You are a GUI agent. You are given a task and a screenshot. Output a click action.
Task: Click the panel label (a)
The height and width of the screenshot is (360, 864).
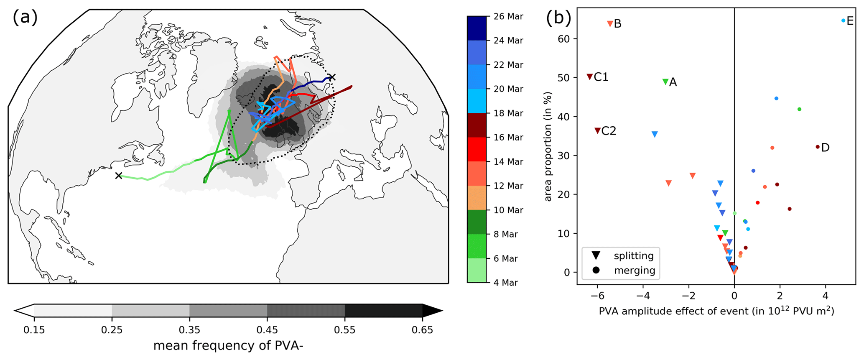25,18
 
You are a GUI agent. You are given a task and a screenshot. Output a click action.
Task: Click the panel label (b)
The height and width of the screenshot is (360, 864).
559,18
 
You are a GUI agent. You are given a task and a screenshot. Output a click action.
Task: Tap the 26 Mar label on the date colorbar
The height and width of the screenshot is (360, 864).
508,17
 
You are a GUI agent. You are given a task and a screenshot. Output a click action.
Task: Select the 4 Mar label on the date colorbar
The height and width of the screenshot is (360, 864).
506,283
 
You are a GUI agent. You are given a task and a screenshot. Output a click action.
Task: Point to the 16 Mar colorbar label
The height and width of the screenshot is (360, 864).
508,138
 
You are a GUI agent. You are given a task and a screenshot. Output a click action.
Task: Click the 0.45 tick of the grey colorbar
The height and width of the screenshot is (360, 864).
267,330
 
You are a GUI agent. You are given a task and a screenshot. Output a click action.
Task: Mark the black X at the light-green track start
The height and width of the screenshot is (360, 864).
119,176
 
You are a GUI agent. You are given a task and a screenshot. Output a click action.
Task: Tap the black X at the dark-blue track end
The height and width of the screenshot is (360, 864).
332,77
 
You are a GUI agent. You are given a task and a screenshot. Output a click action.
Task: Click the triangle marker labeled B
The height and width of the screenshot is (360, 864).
610,24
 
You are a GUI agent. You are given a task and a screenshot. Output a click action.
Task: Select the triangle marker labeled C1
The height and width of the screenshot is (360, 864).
589,77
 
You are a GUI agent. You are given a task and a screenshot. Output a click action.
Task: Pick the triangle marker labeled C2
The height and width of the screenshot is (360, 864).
597,131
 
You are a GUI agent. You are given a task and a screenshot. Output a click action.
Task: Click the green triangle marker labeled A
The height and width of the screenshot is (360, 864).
665,82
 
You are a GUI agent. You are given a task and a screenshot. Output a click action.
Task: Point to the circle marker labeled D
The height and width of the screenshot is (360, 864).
817,147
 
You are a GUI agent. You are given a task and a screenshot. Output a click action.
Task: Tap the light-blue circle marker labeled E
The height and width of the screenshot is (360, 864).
843,20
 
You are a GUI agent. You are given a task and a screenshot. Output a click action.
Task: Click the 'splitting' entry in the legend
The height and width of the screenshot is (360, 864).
633,255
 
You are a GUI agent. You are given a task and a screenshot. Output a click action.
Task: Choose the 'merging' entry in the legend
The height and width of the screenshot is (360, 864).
634,270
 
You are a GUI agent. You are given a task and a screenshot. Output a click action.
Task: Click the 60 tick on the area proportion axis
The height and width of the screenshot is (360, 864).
564,39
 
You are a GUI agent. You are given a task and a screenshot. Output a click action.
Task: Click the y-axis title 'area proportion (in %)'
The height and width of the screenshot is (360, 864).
548,146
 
